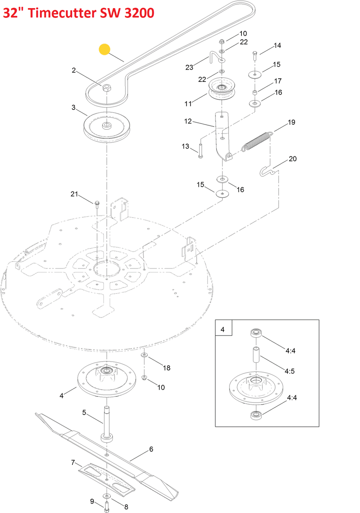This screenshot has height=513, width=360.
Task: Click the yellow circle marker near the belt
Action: click(104, 49)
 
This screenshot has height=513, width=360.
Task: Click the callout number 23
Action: click(189, 67)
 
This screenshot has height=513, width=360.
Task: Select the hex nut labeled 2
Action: click(107, 88)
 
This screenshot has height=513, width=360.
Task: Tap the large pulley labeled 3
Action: click(107, 127)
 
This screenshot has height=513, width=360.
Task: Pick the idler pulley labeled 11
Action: click(222, 89)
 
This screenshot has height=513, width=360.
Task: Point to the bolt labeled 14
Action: click(255, 56)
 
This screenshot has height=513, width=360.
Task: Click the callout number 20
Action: click(292, 159)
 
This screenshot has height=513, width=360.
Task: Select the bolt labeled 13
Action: click(200, 151)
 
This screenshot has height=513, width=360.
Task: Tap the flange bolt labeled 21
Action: click(97, 204)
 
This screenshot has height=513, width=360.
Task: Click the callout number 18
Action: click(167, 368)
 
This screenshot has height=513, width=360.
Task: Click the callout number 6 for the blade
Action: click(151, 449)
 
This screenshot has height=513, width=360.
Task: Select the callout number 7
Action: click(73, 463)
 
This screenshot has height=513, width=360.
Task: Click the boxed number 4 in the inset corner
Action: click(222, 330)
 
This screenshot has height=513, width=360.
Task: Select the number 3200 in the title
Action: click(139, 13)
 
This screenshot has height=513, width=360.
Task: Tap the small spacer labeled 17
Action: click(255, 92)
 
